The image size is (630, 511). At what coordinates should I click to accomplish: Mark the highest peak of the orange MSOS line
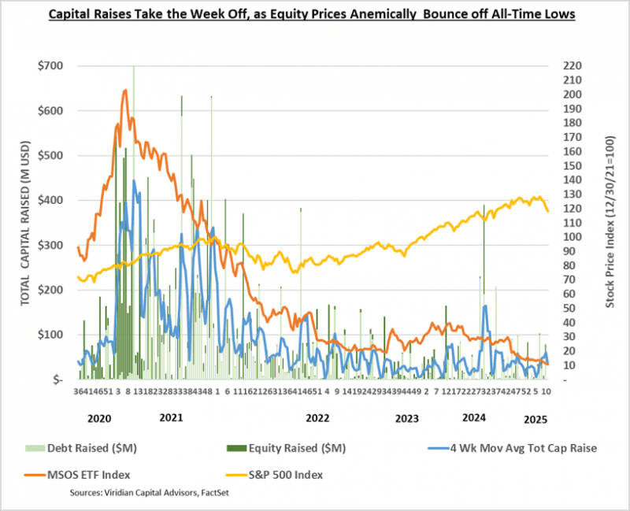(x=125, y=91)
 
